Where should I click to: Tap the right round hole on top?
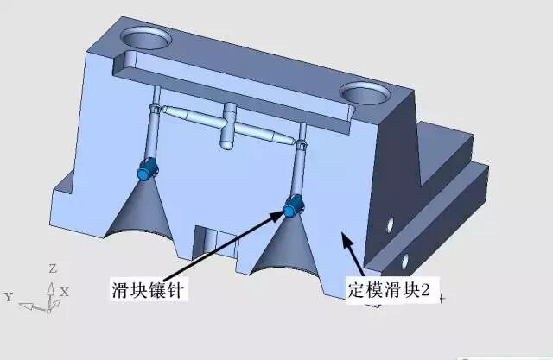(x=366, y=92)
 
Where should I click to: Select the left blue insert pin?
(x=145, y=171)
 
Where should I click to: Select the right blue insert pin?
(x=294, y=206)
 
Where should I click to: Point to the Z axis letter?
(x=53, y=268)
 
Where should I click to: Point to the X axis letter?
(x=64, y=293)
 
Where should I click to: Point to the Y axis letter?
(x=8, y=297)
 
